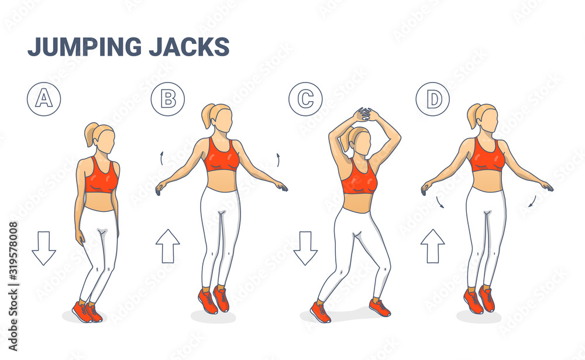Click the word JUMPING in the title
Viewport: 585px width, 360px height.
[x=85, y=47]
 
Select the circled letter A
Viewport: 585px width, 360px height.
[x=44, y=99]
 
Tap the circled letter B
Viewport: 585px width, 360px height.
[x=168, y=99]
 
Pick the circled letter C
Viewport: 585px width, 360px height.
[x=305, y=99]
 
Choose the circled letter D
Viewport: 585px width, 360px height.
[x=433, y=99]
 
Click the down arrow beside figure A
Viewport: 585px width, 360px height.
[x=44, y=248]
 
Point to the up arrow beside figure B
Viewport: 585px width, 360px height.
[x=168, y=246]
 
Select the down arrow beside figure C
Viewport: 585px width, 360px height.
[x=305, y=248]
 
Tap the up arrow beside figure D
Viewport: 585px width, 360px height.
[x=433, y=246]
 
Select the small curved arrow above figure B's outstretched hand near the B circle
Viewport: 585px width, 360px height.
[x=161, y=158]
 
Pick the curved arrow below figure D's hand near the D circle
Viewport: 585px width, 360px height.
[x=440, y=202]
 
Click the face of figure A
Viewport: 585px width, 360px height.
[x=106, y=142]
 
